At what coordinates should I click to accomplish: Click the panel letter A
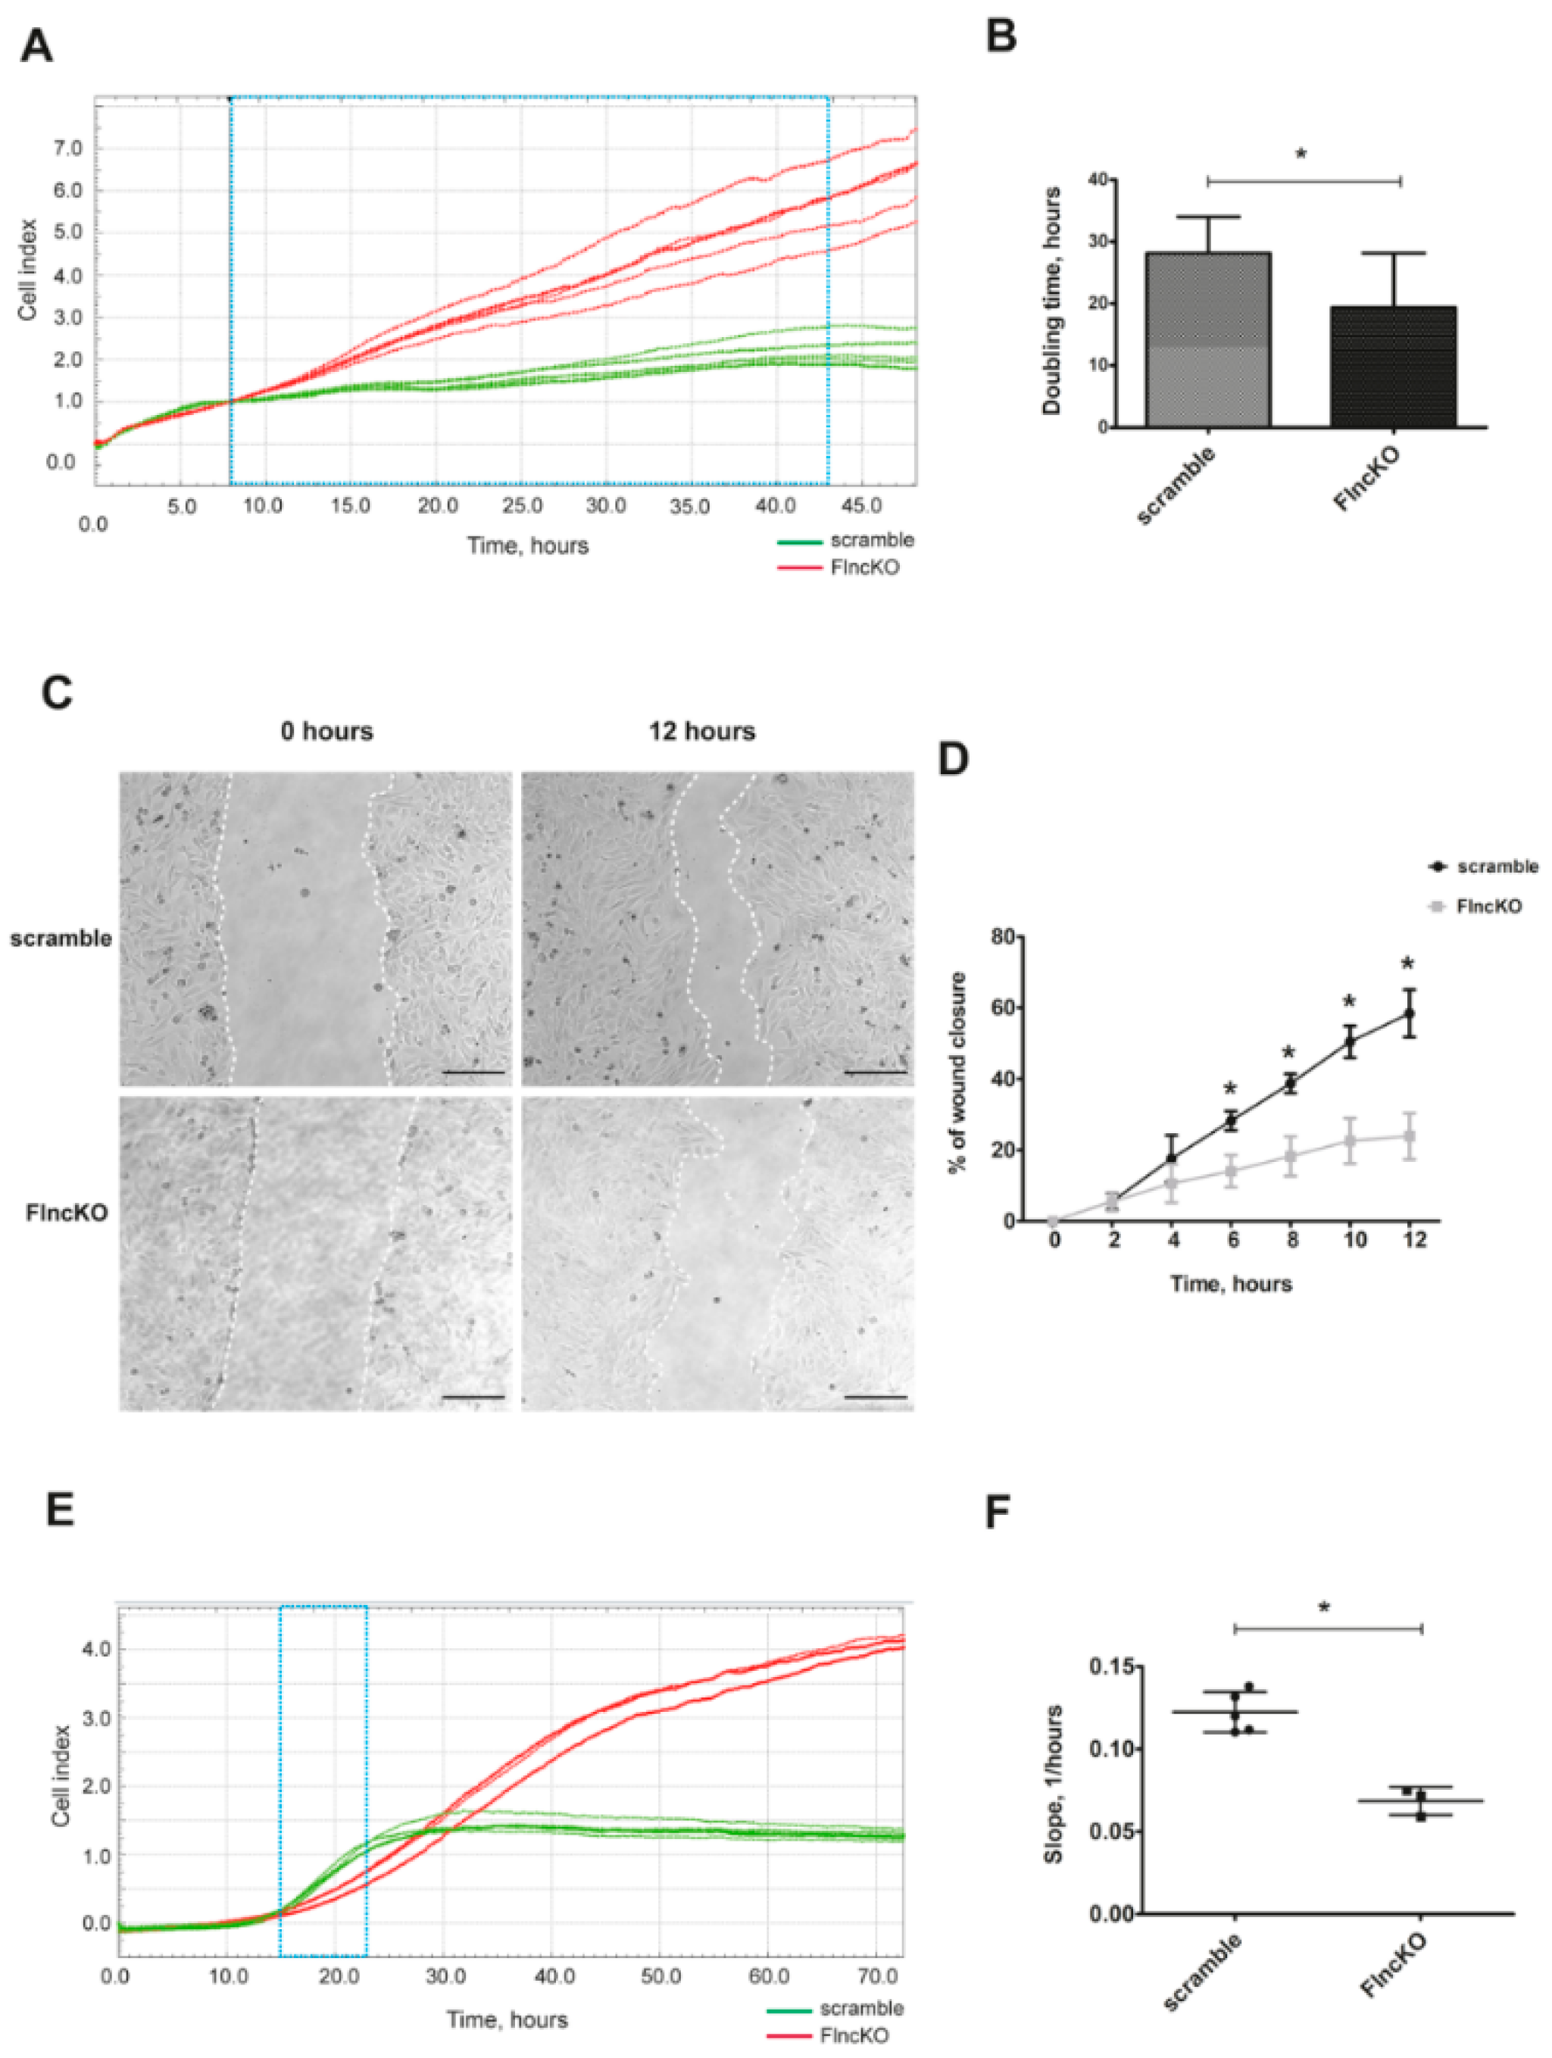pos(36,45)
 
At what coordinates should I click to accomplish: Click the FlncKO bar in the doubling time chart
pos(1393,367)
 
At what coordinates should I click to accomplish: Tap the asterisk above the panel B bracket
pos(1301,154)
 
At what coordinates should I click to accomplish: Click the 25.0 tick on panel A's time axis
pos(523,506)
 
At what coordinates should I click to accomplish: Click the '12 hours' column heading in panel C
pos(701,731)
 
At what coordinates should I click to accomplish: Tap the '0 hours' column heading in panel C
pos(326,731)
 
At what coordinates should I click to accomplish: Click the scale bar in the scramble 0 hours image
pos(474,1072)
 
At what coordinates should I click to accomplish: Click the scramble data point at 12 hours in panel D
pos(1410,1013)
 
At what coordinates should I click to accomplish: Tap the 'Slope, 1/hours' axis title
pos(1054,1785)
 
